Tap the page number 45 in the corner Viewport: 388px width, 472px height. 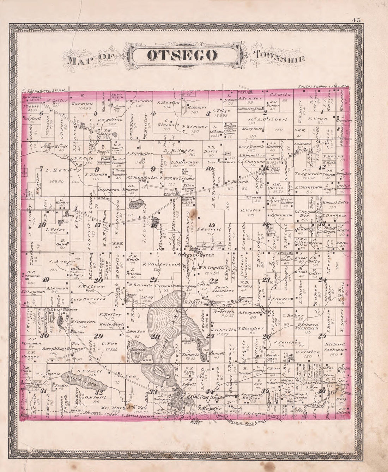[355, 20]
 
